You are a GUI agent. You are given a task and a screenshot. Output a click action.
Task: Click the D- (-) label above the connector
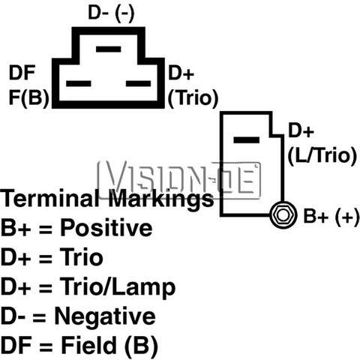pyautogui.click(x=111, y=13)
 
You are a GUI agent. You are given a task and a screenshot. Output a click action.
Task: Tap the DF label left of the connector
pyautogui.click(x=22, y=73)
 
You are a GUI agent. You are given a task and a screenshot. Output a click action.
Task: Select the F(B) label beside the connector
pyautogui.click(x=28, y=97)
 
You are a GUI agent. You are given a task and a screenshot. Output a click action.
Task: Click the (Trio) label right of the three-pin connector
pyautogui.click(x=193, y=97)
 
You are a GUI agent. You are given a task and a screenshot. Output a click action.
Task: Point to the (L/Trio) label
pyautogui.click(x=322, y=155)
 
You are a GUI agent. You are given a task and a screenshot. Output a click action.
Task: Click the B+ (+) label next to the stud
pyautogui.click(x=331, y=216)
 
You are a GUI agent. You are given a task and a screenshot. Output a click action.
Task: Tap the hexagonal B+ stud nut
pyautogui.click(x=283, y=215)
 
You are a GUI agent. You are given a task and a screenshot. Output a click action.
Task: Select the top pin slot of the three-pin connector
pyautogui.click(x=109, y=49)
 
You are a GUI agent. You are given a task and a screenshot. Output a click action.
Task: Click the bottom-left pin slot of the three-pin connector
pyautogui.click(x=78, y=83)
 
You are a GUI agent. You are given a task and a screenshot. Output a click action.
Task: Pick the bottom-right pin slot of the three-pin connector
pyautogui.click(x=139, y=83)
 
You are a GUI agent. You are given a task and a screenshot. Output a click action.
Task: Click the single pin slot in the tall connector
pyautogui.click(x=246, y=140)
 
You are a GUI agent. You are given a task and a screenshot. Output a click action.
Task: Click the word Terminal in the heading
pyautogui.click(x=49, y=198)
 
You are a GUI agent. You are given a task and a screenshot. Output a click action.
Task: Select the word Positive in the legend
pyautogui.click(x=106, y=227)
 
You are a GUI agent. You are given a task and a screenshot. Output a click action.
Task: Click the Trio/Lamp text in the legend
pyautogui.click(x=118, y=287)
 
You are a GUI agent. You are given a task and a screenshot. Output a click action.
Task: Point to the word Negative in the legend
pyautogui.click(x=105, y=316)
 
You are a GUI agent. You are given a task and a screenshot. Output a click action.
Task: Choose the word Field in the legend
pyautogui.click(x=88, y=345)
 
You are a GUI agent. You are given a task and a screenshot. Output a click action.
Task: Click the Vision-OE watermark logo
pyautogui.click(x=179, y=179)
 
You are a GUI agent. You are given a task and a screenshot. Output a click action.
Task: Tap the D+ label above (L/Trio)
pyautogui.click(x=301, y=130)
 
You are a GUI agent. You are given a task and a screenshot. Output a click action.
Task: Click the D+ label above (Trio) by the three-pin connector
pyautogui.click(x=181, y=73)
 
